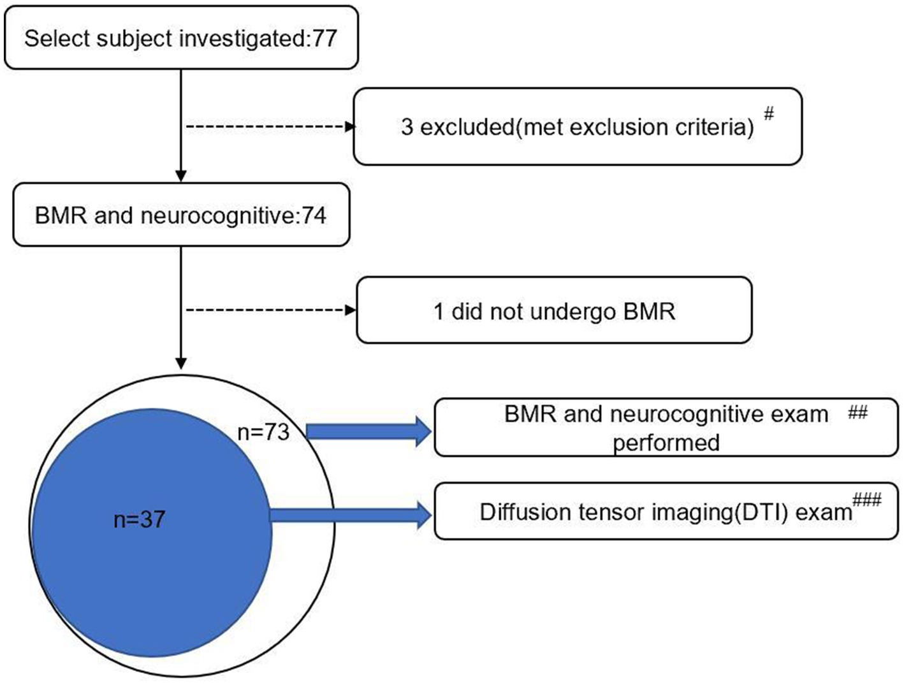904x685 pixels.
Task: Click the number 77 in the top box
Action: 324,38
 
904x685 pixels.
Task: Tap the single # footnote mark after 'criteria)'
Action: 769,114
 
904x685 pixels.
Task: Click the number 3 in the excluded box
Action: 407,127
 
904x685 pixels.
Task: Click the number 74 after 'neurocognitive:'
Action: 314,215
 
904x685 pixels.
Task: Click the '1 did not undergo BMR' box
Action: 553,311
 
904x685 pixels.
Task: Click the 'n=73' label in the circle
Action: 263,432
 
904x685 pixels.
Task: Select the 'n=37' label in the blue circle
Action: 139,519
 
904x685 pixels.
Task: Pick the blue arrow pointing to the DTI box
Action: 351,514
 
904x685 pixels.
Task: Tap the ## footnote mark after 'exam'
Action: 857,413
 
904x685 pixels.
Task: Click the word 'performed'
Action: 666,442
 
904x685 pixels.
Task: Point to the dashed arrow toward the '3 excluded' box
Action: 268,127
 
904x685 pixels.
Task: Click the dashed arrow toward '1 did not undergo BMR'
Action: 268,310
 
